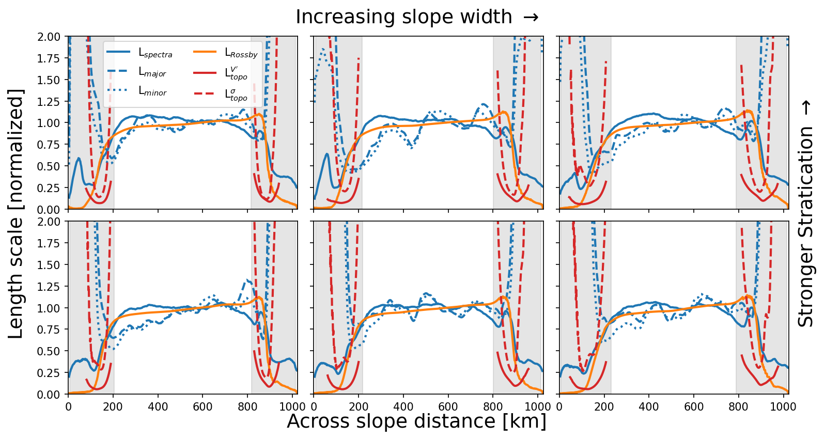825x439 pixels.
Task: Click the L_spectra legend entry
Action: (x=155, y=53)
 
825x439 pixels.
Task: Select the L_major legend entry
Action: (x=152, y=73)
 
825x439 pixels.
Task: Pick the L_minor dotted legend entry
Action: (x=152, y=92)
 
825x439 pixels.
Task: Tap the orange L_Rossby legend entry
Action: (x=241, y=53)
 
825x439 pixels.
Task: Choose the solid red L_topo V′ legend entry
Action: (x=236, y=72)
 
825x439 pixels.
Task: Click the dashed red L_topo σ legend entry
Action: (x=236, y=93)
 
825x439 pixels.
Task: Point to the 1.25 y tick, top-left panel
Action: (x=53, y=102)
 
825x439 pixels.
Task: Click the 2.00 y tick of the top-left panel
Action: (x=53, y=37)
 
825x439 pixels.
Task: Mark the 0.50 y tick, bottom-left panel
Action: (x=53, y=351)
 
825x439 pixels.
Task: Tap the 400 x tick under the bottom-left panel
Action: (x=158, y=406)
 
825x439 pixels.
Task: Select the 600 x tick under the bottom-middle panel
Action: (x=448, y=406)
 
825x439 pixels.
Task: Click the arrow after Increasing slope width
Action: (x=531, y=17)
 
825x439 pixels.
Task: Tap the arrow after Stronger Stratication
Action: (x=806, y=107)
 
